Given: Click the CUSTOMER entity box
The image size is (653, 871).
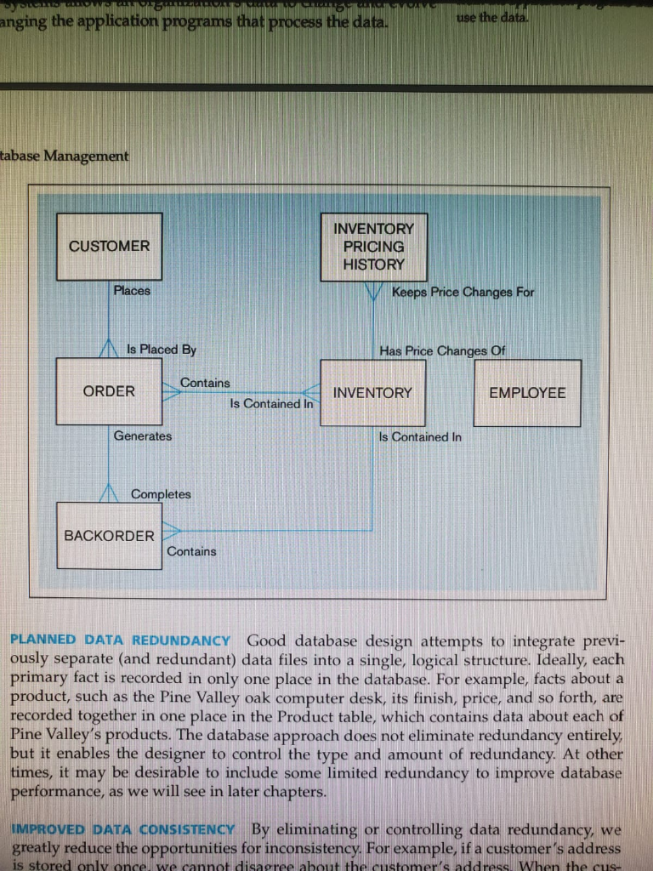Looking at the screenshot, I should [109, 246].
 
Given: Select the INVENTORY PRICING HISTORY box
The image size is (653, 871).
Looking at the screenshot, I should [373, 247].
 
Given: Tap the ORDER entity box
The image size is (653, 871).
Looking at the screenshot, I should [109, 391].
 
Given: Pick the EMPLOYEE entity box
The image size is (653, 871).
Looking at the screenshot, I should [527, 393].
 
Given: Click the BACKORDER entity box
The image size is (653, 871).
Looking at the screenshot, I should [109, 536].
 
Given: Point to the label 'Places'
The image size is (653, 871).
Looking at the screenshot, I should [132, 291].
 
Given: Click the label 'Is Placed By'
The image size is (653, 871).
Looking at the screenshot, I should [162, 350].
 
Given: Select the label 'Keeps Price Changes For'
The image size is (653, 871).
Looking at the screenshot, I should [463, 293].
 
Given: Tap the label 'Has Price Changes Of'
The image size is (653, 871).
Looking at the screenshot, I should [446, 350].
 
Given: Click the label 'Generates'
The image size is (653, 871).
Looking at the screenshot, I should [143, 436].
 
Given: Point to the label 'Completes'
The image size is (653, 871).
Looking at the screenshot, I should [161, 494].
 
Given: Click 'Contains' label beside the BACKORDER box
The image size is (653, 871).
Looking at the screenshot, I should [191, 551].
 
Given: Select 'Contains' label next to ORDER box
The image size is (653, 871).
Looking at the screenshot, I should [205, 383].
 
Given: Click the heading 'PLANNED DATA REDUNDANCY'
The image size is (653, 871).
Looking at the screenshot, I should [120, 640].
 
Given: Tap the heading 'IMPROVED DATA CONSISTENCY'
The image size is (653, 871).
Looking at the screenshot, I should [123, 829].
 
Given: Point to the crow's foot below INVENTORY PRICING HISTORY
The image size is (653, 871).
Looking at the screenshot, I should [373, 291].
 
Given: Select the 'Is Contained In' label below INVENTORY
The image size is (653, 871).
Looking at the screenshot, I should [420, 437].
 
